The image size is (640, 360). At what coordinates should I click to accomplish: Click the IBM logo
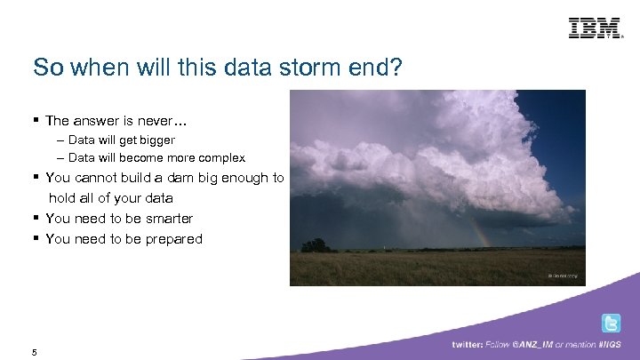(595, 28)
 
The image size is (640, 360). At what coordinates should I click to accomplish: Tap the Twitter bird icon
(612, 324)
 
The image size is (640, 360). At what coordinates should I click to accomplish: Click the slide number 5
(34, 352)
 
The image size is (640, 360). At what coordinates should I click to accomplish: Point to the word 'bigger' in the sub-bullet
(156, 140)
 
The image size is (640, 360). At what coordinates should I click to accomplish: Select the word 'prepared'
(173, 239)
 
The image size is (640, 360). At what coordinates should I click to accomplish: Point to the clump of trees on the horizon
(316, 244)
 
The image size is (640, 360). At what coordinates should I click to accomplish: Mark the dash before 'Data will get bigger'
(60, 140)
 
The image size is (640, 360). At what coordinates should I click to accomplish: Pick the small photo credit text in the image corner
(562, 276)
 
